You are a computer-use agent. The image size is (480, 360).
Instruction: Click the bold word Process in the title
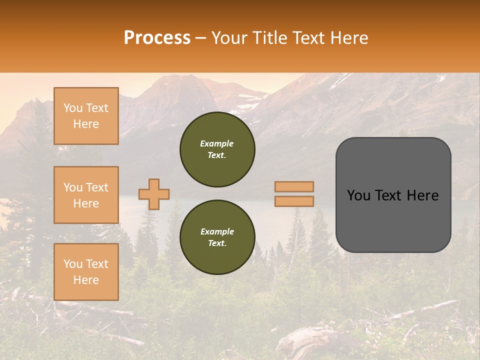coord(157,38)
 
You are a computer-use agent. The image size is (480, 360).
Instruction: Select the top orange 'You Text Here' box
coord(86,116)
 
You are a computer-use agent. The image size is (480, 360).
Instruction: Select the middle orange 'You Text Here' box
coord(86,195)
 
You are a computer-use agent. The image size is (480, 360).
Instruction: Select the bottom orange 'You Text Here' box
coord(86,272)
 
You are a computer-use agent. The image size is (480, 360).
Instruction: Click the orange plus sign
coord(154,194)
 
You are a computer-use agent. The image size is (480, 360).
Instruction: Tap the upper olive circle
coord(217,149)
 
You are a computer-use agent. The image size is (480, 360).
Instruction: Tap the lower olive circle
coord(217,237)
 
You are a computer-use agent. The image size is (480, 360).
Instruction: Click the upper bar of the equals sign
coord(294,186)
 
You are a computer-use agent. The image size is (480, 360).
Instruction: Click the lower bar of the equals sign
coord(294,201)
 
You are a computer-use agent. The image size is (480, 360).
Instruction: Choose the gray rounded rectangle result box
coord(393,195)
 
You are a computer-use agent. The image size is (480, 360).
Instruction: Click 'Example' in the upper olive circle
coord(217,143)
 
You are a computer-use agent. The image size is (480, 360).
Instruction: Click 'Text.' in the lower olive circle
coord(217,243)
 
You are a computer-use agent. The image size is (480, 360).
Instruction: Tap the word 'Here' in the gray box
coord(422,195)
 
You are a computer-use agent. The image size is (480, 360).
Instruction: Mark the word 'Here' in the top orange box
coord(86,124)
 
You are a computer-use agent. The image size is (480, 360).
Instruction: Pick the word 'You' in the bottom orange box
coord(73,264)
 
